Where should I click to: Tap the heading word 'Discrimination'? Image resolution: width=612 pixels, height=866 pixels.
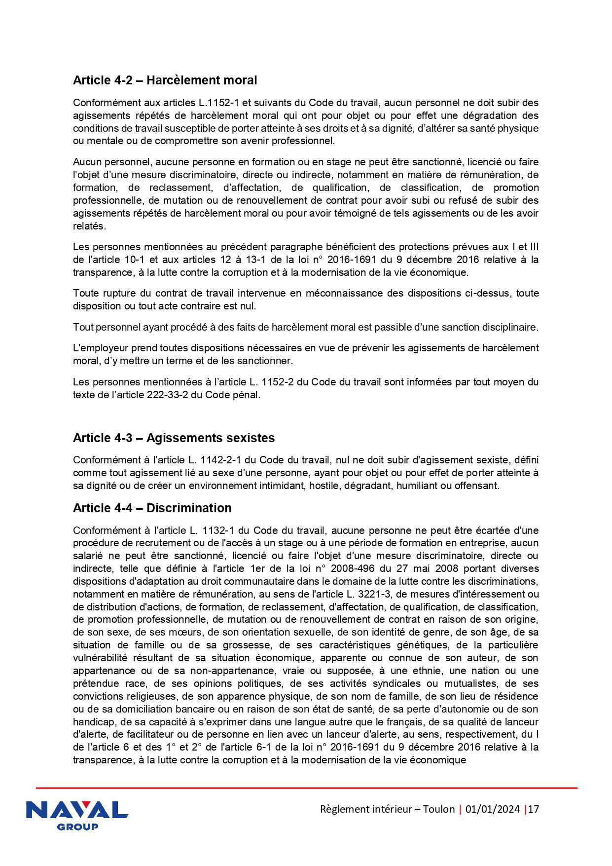tap(189, 508)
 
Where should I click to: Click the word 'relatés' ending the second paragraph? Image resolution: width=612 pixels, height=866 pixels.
tap(88, 226)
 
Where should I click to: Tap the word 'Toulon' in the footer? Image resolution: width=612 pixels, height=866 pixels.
tap(438, 809)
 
